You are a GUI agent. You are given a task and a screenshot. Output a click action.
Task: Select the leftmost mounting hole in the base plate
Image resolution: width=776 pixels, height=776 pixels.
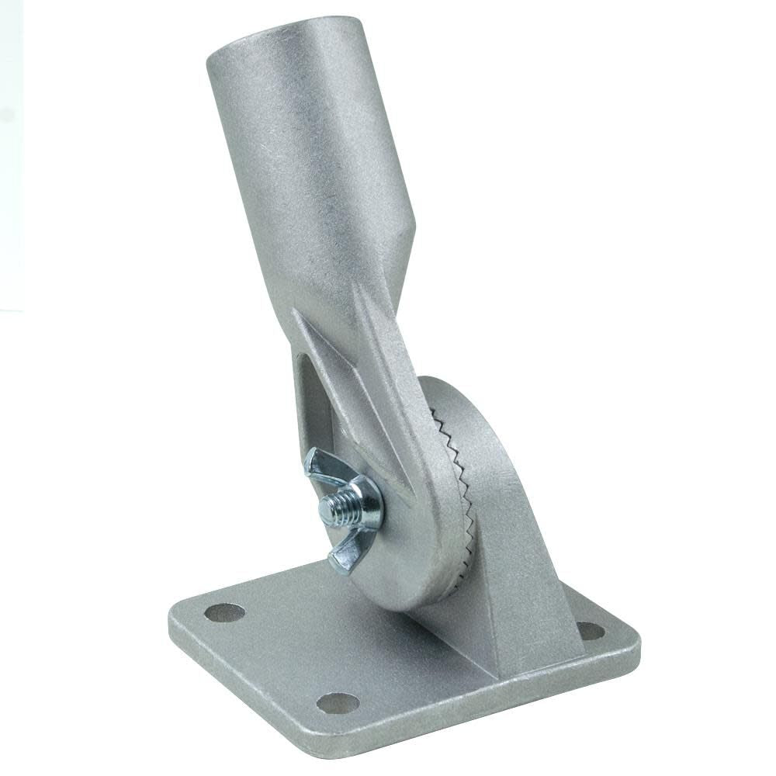pyautogui.click(x=225, y=612)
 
